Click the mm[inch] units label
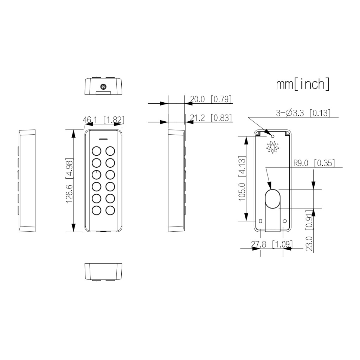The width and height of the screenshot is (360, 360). (303, 84)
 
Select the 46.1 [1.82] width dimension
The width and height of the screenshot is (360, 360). (103, 120)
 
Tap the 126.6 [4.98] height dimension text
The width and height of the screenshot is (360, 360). (69, 180)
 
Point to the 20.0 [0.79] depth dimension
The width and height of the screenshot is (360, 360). (211, 99)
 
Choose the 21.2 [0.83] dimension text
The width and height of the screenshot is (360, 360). (211, 118)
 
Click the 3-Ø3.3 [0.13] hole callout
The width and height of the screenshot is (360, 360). (303, 113)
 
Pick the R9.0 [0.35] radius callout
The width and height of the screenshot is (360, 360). (314, 163)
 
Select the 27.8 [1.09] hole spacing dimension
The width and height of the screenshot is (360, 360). (272, 244)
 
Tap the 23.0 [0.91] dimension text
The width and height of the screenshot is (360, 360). (309, 230)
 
